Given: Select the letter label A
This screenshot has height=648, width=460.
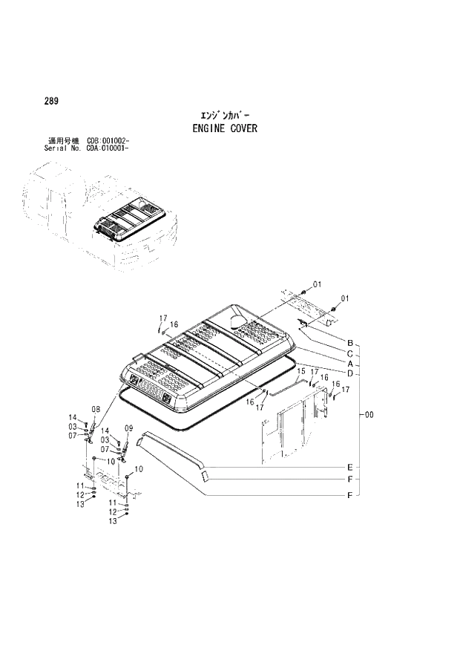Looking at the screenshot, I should click(349, 364).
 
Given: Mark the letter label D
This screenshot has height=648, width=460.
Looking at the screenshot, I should click(349, 373).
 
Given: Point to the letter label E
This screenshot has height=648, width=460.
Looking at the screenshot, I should click(349, 468).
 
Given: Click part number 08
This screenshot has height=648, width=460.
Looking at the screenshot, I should click(96, 409).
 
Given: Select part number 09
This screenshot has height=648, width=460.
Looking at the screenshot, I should click(128, 428).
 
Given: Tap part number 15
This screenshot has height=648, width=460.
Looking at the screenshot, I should click(301, 370).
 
